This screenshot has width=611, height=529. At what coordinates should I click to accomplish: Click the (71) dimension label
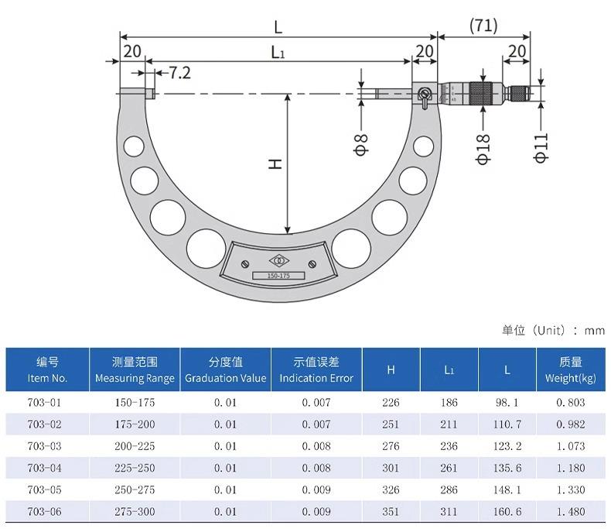pos(483,26)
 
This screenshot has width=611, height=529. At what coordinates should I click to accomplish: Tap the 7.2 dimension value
pos(179,73)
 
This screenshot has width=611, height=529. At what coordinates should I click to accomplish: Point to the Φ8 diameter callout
pos(361,144)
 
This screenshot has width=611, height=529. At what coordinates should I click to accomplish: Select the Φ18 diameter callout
pos(483,149)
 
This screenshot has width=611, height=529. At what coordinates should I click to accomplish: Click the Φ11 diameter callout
pos(541,147)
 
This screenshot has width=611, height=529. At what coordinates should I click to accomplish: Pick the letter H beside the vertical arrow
pos(275,164)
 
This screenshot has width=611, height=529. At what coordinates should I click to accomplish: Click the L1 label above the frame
pos(278,52)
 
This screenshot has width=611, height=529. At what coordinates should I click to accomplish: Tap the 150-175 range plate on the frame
pos(278,276)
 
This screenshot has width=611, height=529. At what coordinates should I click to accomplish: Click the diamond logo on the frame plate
pos(279,260)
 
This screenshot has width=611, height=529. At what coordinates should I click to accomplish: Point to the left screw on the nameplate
pos(245,263)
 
